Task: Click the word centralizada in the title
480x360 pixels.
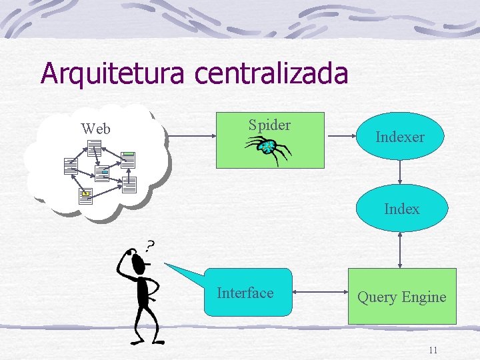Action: click(271, 73)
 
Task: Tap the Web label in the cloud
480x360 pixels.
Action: click(95, 129)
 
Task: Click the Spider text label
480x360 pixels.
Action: click(269, 125)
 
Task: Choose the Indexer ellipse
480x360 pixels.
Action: click(399, 137)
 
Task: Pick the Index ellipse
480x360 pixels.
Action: click(401, 209)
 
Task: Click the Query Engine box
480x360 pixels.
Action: click(401, 297)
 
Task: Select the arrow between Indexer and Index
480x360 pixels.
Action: click(399, 171)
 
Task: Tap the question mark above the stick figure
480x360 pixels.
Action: click(151, 246)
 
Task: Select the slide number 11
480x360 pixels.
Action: click(433, 350)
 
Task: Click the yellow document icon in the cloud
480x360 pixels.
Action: click(85, 194)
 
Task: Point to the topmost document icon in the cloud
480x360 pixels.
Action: click(94, 147)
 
